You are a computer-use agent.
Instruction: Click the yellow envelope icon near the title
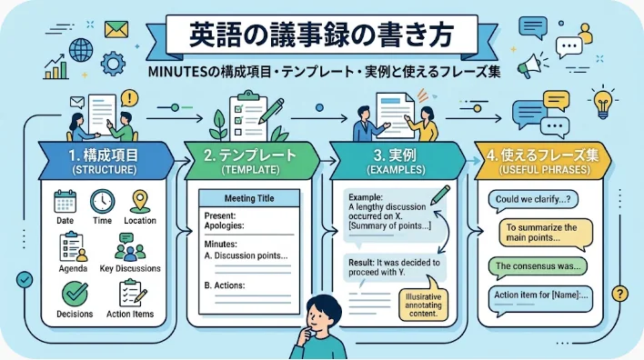(x=116, y=30)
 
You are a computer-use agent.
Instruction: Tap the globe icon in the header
(x=80, y=51)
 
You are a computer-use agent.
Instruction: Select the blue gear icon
(x=113, y=64)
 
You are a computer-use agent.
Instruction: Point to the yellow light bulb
(x=602, y=103)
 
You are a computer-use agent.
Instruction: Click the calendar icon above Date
(x=65, y=201)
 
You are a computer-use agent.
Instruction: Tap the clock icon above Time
(x=102, y=201)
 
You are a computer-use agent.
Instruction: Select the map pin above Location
(x=140, y=201)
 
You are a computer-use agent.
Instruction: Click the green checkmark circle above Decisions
(x=75, y=294)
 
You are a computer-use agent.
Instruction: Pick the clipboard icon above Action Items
(x=132, y=293)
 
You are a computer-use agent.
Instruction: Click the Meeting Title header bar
(x=249, y=198)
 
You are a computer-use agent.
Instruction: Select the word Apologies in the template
(x=224, y=225)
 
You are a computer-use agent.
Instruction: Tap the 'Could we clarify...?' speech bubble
(x=533, y=201)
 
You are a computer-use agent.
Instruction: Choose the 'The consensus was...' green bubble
(x=538, y=266)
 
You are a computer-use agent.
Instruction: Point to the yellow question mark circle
(x=619, y=294)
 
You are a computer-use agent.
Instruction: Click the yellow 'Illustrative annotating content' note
(x=423, y=305)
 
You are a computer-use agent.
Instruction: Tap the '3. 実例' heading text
(x=395, y=155)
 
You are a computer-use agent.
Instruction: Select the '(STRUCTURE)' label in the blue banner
(x=104, y=169)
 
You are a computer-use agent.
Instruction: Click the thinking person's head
(x=323, y=313)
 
